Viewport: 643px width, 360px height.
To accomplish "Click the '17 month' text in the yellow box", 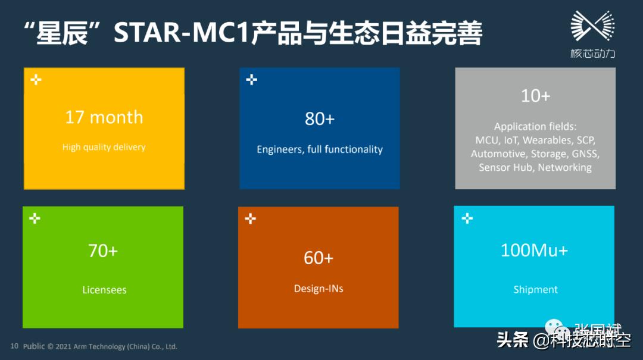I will [x=104, y=117].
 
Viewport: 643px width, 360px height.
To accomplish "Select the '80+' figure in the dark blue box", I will [x=320, y=119].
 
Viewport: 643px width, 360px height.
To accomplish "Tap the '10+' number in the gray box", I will [x=535, y=96].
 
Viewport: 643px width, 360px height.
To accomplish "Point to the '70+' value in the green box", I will [x=103, y=251].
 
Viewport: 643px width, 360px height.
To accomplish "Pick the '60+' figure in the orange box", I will [x=319, y=258].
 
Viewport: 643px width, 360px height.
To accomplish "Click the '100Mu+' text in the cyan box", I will [x=535, y=251].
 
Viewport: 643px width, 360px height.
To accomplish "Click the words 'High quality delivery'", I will [x=104, y=147].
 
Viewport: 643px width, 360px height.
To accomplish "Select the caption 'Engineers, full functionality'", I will [x=320, y=149].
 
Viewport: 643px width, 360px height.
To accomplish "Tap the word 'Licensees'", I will [x=104, y=290].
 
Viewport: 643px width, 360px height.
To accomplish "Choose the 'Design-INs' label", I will [x=319, y=289].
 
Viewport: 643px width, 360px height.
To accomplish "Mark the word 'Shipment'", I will [x=535, y=290].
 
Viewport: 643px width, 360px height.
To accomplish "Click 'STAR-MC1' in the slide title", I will [x=182, y=34].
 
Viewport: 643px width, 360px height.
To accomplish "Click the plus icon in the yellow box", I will [x=36, y=80].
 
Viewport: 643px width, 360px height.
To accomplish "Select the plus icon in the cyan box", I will [x=467, y=219].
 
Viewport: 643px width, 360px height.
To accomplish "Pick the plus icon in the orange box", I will [x=251, y=219].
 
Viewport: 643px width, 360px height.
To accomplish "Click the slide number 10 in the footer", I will [x=14, y=346].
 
